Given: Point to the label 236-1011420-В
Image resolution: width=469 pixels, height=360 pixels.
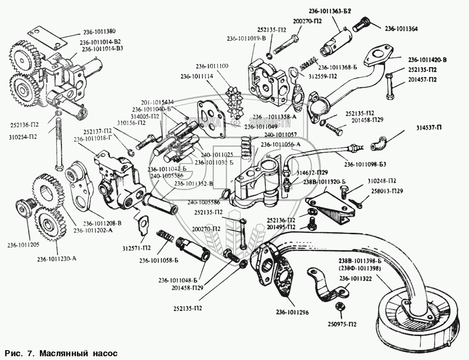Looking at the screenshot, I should click(427, 60).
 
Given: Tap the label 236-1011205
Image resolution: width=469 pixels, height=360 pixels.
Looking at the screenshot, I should click(22, 244).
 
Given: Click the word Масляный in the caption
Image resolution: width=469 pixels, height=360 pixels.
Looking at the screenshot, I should click(58, 352).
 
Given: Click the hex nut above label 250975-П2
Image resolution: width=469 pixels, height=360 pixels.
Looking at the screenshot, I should click(339, 306).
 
